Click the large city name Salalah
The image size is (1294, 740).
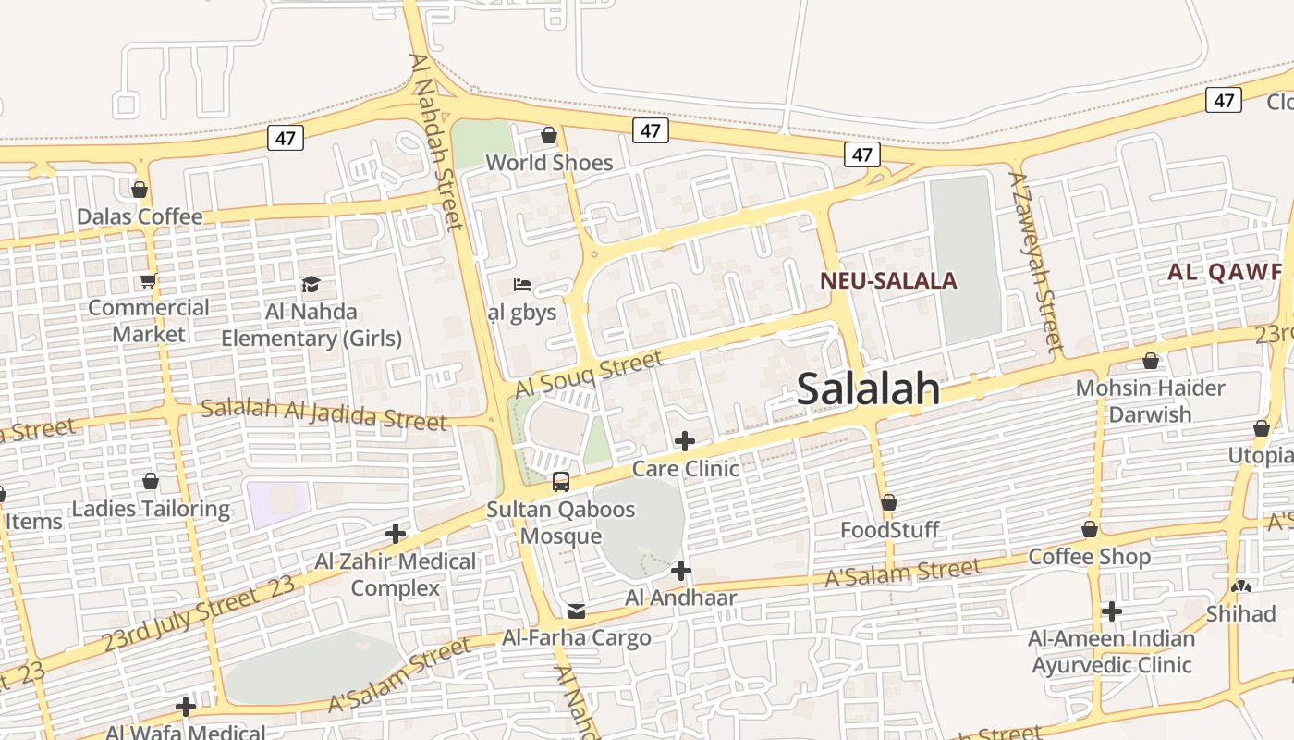coord(868,389)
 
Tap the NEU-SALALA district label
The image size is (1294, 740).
coord(888,281)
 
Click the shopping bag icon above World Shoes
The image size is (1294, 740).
coord(549,136)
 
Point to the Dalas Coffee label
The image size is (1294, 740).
coord(140,217)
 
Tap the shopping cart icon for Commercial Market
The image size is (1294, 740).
coord(148,281)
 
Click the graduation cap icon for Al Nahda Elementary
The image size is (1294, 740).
coord(311,284)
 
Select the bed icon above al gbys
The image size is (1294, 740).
coord(521,284)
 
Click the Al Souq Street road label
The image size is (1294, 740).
coord(590,375)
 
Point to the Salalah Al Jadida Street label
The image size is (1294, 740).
coord(324,413)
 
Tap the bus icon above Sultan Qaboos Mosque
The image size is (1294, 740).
coord(560,482)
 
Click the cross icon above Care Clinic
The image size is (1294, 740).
coord(685,441)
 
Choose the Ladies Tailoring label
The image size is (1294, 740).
coord(151,509)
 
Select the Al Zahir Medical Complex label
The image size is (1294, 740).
coord(396,574)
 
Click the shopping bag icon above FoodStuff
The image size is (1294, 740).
coord(889,503)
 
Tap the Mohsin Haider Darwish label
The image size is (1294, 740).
coord(1150,401)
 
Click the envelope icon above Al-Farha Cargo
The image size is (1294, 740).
coord(577,611)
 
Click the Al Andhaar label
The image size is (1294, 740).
coord(681,598)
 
